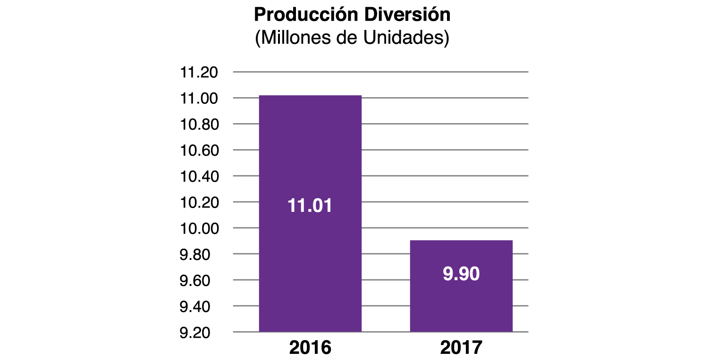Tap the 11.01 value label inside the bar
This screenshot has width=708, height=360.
coord(310,206)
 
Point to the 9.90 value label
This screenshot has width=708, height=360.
coord(461,274)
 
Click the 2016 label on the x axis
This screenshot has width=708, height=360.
coord(310,347)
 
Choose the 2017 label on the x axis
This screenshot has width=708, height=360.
coord(461,347)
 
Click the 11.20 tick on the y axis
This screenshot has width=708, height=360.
coord(199,73)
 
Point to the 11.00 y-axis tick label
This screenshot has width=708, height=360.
coord(199,99)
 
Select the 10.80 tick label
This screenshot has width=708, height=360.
coord(199,125)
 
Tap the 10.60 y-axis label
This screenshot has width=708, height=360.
coord(199,151)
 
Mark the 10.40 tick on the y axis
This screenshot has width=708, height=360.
coord(199,176)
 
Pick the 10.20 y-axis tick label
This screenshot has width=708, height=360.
coord(199,202)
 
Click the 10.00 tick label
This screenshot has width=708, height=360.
coord(199,228)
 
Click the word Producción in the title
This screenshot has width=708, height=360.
coord(305,15)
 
